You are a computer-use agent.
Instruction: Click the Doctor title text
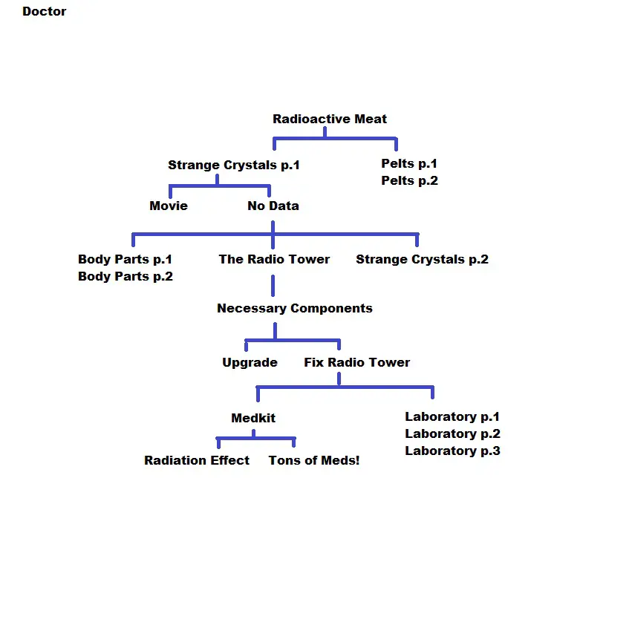pyautogui.click(x=45, y=11)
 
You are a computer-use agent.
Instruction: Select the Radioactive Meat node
pyautogui.click(x=330, y=119)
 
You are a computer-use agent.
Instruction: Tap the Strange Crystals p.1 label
pyautogui.click(x=234, y=166)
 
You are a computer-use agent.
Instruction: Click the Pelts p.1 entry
pyautogui.click(x=409, y=163)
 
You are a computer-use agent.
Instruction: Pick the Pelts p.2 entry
pyautogui.click(x=409, y=180)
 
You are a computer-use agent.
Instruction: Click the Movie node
pyautogui.click(x=169, y=206)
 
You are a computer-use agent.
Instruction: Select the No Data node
pyautogui.click(x=273, y=206)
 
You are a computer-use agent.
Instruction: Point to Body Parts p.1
pyautogui.click(x=125, y=259)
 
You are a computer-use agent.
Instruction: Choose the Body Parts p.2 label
pyautogui.click(x=126, y=276)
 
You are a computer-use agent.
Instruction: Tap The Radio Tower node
pyautogui.click(x=274, y=259)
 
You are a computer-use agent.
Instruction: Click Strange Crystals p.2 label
pyautogui.click(x=422, y=260)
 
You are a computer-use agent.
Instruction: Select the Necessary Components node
pyautogui.click(x=295, y=308)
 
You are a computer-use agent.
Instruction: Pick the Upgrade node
pyautogui.click(x=250, y=362)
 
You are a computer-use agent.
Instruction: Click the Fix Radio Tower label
pyautogui.click(x=356, y=362)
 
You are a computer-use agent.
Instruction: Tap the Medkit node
pyautogui.click(x=253, y=418)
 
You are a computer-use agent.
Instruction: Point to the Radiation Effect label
pyautogui.click(x=197, y=460)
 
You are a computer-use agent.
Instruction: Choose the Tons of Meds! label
pyautogui.click(x=314, y=460)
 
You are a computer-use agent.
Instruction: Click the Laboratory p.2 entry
pyautogui.click(x=452, y=434)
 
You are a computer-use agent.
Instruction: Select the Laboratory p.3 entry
pyautogui.click(x=452, y=451)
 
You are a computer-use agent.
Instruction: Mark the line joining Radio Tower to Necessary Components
pyautogui.click(x=273, y=285)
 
